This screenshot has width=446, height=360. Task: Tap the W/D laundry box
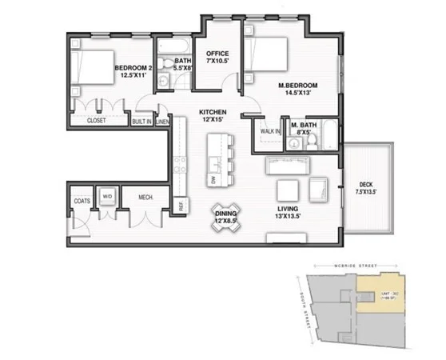107,197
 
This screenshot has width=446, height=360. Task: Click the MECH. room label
145,197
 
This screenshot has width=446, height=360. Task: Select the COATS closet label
81,200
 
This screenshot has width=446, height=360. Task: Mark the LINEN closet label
162,122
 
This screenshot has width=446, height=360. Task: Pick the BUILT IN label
141,122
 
